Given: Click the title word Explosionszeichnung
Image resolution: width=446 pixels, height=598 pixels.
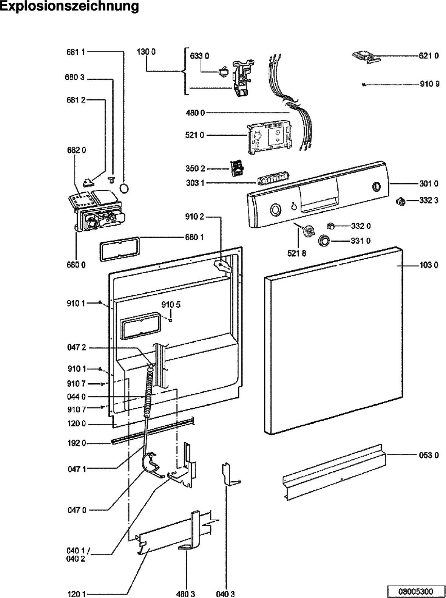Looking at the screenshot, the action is pos(69,6).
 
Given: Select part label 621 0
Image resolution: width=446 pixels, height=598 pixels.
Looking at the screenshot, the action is pos(429,56).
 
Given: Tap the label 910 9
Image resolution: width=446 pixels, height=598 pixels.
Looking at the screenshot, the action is pos(429,84).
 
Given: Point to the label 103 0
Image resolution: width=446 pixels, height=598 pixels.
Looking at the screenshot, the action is pos(429,265).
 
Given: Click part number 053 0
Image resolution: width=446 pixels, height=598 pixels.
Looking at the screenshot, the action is pos(429,455).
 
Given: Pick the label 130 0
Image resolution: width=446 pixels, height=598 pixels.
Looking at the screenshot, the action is pos(146,52).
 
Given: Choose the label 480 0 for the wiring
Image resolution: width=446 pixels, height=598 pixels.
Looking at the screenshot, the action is pos(195,113).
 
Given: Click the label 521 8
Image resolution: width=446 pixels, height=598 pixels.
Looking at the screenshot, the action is pos(296,253).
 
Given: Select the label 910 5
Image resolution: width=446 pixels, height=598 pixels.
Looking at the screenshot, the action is pos(171,304).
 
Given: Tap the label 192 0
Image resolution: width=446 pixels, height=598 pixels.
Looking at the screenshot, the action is pos(76,443).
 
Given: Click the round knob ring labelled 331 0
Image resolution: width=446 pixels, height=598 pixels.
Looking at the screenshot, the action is pos(324,241).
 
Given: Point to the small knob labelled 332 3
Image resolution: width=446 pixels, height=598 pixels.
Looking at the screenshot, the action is pos(401,201).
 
